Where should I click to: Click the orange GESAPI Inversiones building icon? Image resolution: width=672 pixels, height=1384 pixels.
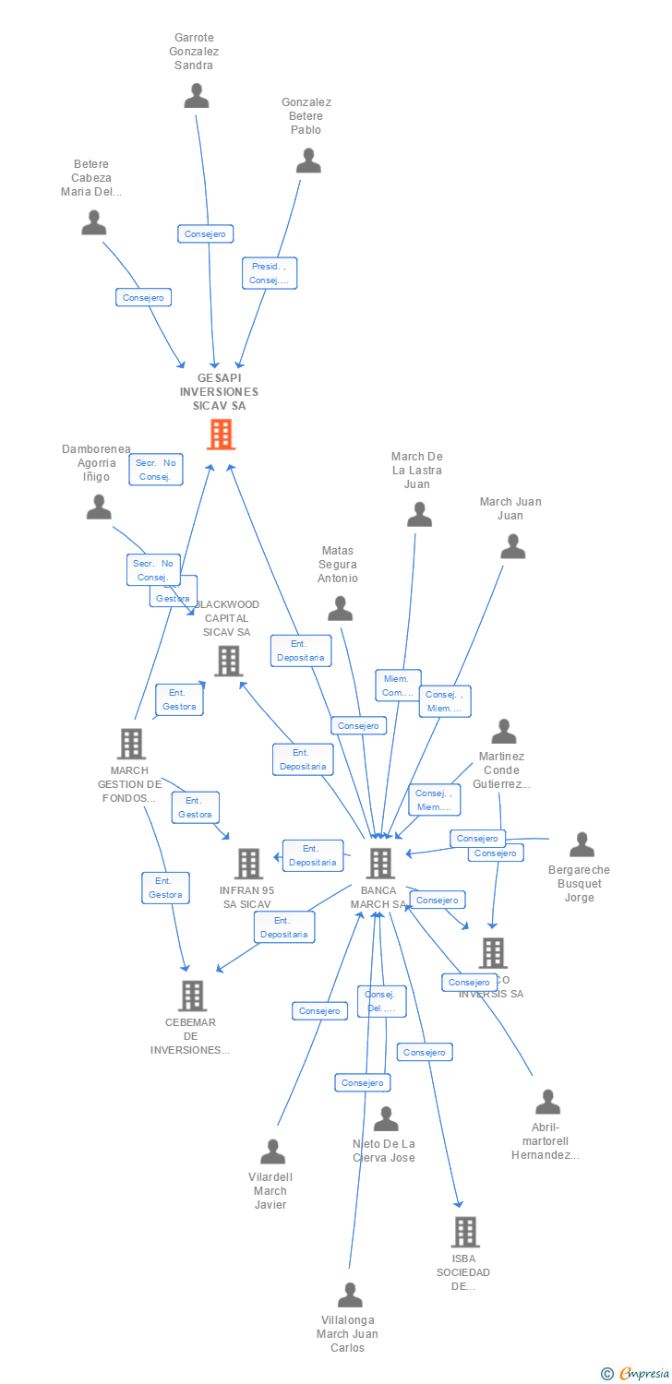(221, 434)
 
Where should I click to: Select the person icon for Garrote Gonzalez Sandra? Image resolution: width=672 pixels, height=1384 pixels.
(197, 96)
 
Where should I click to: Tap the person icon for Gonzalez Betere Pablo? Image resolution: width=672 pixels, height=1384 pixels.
(308, 161)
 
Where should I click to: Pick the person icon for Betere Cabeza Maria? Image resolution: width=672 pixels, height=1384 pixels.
(94, 223)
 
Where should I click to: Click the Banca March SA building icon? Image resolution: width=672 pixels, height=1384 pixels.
(380, 864)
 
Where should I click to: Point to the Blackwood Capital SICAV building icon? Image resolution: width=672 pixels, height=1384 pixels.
(228, 661)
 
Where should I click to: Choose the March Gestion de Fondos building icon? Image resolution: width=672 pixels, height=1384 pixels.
(131, 744)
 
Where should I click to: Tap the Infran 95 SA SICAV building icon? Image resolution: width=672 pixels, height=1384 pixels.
(248, 864)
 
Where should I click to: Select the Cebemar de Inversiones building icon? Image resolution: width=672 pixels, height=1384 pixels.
(192, 996)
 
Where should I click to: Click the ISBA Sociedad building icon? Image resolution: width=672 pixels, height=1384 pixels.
(465, 1232)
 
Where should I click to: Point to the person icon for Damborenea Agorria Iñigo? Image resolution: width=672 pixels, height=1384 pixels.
(99, 507)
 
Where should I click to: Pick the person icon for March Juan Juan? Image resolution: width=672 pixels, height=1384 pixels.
(512, 547)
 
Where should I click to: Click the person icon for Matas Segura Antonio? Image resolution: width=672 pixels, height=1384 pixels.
(341, 609)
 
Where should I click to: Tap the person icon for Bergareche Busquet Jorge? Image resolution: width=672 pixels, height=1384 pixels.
(582, 844)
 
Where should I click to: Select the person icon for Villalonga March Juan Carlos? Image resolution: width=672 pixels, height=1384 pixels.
(350, 1295)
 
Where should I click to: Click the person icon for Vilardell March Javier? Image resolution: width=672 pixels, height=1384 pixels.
(272, 1151)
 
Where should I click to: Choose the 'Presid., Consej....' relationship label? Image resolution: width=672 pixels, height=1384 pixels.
(270, 273)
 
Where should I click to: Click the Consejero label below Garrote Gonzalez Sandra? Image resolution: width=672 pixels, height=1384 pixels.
(206, 234)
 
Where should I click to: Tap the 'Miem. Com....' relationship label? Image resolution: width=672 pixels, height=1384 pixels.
(398, 686)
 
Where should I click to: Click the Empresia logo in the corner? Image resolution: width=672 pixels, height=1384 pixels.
(636, 1374)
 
